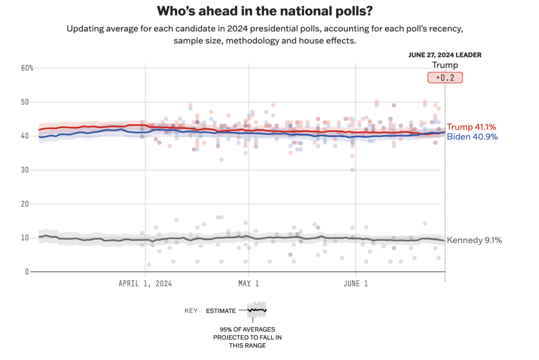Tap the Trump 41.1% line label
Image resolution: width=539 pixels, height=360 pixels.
pos(472,127)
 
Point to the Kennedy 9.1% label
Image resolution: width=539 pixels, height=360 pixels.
pos(474,240)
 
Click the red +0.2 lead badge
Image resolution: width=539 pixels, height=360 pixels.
pos(445,78)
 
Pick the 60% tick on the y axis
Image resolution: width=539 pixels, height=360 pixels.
pos(27,68)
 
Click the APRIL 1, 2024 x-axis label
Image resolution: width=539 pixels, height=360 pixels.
pos(145,284)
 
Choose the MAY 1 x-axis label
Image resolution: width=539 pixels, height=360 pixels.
pos(248,284)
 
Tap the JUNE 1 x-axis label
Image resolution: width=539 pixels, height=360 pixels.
pos(356,284)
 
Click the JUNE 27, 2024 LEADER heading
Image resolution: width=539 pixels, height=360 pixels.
pos(445,55)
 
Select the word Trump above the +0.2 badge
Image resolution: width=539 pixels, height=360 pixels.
pos(445,65)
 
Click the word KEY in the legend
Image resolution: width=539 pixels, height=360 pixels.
pos(191,311)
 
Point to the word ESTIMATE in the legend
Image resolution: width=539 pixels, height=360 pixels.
pos(221,311)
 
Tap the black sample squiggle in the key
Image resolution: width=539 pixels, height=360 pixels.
pos(257,310)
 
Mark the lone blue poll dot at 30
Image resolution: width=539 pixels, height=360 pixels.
pos(352,170)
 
